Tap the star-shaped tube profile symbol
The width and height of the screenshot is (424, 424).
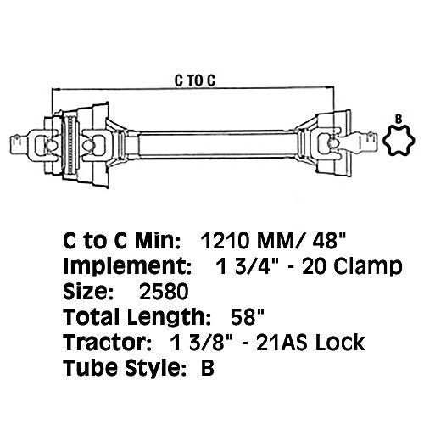click(x=395, y=139)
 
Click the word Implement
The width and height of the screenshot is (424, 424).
click(x=118, y=270)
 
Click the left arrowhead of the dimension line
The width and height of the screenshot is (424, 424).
click(x=55, y=89)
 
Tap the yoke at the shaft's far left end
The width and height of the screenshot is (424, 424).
click(x=30, y=137)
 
